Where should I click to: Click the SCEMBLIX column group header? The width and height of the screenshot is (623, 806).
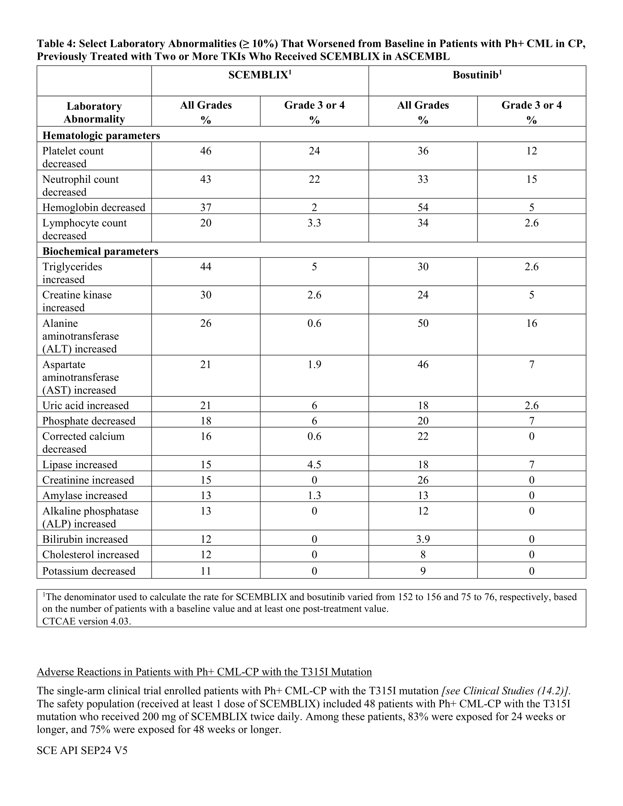coord(260,75)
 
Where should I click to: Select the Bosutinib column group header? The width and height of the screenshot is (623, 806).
coord(477,75)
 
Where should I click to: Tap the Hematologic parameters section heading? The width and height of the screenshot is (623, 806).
coord(101,136)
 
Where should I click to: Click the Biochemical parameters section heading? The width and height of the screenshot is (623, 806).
coord(100,251)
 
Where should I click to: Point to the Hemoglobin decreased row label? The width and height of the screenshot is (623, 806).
coord(94,207)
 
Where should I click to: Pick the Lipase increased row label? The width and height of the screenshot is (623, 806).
coord(80,465)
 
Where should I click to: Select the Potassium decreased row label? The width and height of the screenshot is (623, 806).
coord(89,571)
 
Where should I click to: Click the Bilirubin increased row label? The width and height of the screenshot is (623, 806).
coord(85,539)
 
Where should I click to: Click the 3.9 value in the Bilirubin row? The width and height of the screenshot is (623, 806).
coord(423,539)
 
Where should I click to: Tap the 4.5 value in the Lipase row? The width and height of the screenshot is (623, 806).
coord(314,465)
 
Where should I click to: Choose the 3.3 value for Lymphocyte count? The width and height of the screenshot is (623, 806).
coord(314,223)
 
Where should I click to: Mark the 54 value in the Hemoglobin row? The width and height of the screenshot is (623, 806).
coord(423,207)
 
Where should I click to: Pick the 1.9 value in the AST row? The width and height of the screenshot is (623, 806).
coord(314,365)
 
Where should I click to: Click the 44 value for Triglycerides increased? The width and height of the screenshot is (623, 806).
coord(206,266)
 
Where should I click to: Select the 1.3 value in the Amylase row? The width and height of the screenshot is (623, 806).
coord(314,495)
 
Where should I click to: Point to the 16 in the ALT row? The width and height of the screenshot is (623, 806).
coord(531,323)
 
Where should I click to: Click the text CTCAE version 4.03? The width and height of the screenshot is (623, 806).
coord(87,621)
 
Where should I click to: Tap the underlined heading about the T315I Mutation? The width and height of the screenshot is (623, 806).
coord(204,672)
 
